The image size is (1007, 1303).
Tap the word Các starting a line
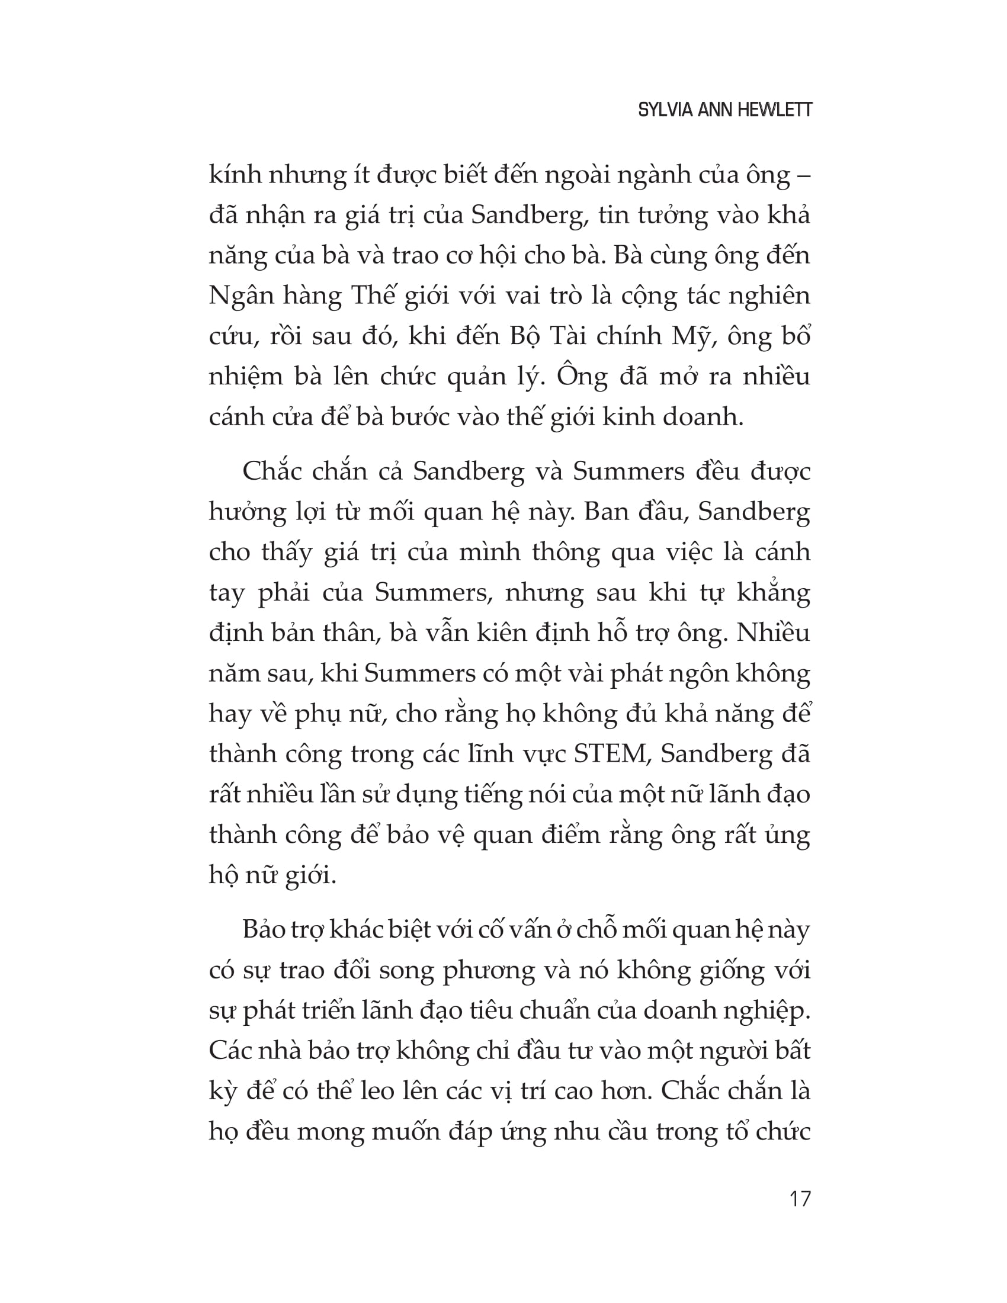click(x=229, y=1051)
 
